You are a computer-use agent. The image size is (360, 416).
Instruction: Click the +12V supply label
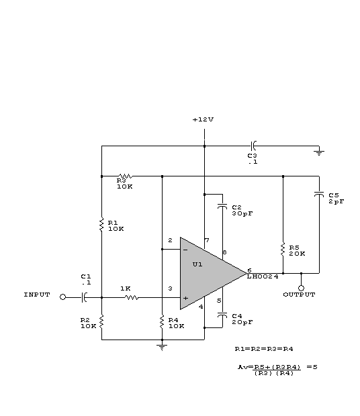[x=203, y=119]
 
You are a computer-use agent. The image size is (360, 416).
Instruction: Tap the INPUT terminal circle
[x=62, y=297]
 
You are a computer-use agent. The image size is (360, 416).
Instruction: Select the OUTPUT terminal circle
[x=301, y=288]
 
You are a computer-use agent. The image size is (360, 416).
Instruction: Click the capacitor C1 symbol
[x=84, y=297]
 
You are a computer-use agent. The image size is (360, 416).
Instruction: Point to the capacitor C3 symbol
[x=253, y=146]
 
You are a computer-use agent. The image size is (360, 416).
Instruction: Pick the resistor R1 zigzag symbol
[x=101, y=225]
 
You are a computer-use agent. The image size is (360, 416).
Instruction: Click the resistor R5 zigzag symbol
[x=283, y=250]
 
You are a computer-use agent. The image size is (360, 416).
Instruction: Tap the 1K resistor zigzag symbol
[x=132, y=298]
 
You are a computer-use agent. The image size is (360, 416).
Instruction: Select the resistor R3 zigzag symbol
[x=126, y=176]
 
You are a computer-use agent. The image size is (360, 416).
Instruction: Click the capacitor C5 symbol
[x=319, y=194]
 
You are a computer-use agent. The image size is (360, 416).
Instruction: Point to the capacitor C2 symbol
[x=222, y=206]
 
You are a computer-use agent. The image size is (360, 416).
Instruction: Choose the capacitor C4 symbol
[x=222, y=315]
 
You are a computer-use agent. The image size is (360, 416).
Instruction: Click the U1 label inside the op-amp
[x=197, y=264]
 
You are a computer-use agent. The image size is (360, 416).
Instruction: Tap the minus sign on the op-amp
[x=185, y=250]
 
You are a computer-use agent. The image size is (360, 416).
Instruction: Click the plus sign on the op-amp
[x=185, y=298]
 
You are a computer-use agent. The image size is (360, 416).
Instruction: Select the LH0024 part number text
[x=263, y=276]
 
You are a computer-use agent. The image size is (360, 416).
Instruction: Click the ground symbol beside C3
[x=319, y=153]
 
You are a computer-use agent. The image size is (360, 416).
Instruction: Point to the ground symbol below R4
[x=162, y=348]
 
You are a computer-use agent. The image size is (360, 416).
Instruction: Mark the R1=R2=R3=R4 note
[x=264, y=349]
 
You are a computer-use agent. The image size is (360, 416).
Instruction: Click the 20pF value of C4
[x=242, y=322]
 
